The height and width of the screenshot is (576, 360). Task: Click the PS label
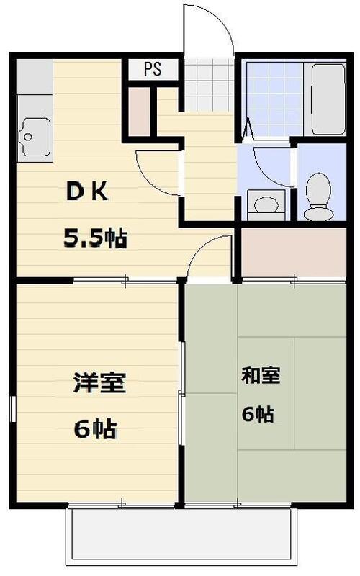(x=152, y=70)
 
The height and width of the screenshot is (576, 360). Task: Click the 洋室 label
(x=99, y=382)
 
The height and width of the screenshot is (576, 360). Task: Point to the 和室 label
(x=260, y=375)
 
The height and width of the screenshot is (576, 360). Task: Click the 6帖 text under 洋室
(x=95, y=429)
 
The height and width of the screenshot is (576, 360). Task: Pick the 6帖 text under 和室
(x=257, y=414)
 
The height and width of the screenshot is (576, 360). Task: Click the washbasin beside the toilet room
(x=266, y=204)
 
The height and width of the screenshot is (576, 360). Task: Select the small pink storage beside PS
(x=140, y=111)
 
